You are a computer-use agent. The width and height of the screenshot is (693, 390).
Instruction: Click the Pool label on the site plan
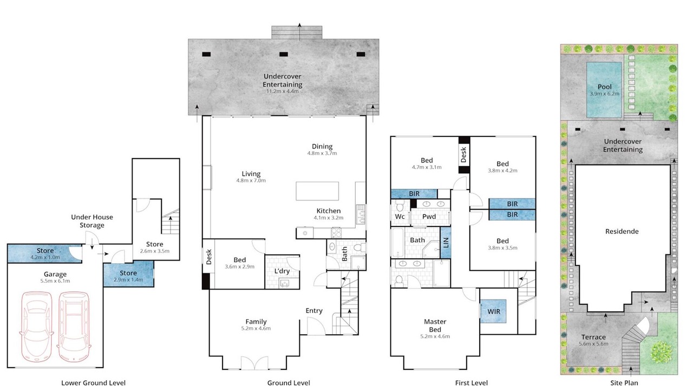click(x=605, y=87)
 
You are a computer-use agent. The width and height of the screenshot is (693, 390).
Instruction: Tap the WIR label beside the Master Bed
click(x=493, y=311)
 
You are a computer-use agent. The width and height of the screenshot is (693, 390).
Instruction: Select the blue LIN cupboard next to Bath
click(x=446, y=243)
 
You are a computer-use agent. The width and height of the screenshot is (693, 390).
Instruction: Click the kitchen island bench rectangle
click(x=317, y=191)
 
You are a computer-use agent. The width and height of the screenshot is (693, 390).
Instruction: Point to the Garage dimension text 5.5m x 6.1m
click(x=55, y=281)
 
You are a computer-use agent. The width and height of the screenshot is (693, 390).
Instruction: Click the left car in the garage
click(x=36, y=327)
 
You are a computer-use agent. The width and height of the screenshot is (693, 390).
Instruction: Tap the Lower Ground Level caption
click(x=94, y=383)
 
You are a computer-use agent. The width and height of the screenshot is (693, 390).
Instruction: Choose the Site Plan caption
click(x=624, y=383)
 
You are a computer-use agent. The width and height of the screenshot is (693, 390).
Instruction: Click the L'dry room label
click(x=282, y=271)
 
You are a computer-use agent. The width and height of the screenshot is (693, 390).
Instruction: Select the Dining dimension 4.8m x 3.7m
click(x=322, y=153)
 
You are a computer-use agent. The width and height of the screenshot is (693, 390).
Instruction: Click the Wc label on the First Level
click(x=400, y=216)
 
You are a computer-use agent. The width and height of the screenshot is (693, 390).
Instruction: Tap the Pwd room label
click(x=429, y=216)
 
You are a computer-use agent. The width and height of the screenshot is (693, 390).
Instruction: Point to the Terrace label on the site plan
click(x=593, y=337)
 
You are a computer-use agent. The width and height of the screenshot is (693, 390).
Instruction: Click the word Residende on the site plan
click(x=622, y=231)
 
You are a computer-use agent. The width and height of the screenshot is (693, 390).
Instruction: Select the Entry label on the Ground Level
click(x=314, y=311)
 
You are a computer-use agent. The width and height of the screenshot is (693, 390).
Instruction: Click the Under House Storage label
click(x=92, y=221)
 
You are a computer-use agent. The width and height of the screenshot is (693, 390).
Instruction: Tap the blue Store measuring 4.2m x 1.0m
click(x=45, y=253)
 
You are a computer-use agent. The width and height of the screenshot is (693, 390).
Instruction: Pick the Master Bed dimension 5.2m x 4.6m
click(x=435, y=336)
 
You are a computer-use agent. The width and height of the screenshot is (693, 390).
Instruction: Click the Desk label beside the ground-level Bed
click(x=209, y=257)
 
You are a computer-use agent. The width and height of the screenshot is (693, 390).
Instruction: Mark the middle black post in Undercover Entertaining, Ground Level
click(x=284, y=54)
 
